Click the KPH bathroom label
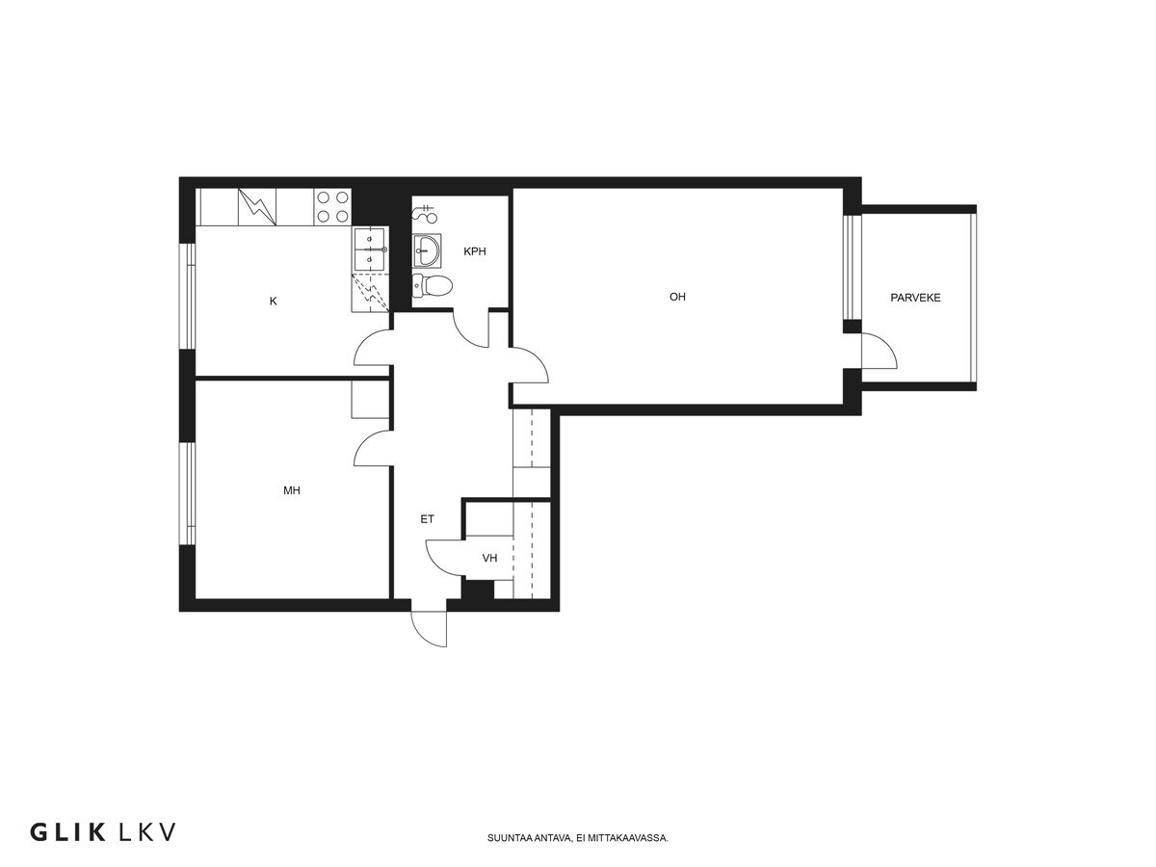click(x=474, y=251)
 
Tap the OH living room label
click(x=677, y=297)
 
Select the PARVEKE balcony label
click(x=915, y=298)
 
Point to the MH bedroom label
click(x=291, y=490)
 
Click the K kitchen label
click(x=273, y=302)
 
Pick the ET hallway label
click(x=427, y=519)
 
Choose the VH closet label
click(x=489, y=558)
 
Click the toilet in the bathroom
click(x=432, y=286)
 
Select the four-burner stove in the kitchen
click(x=333, y=207)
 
